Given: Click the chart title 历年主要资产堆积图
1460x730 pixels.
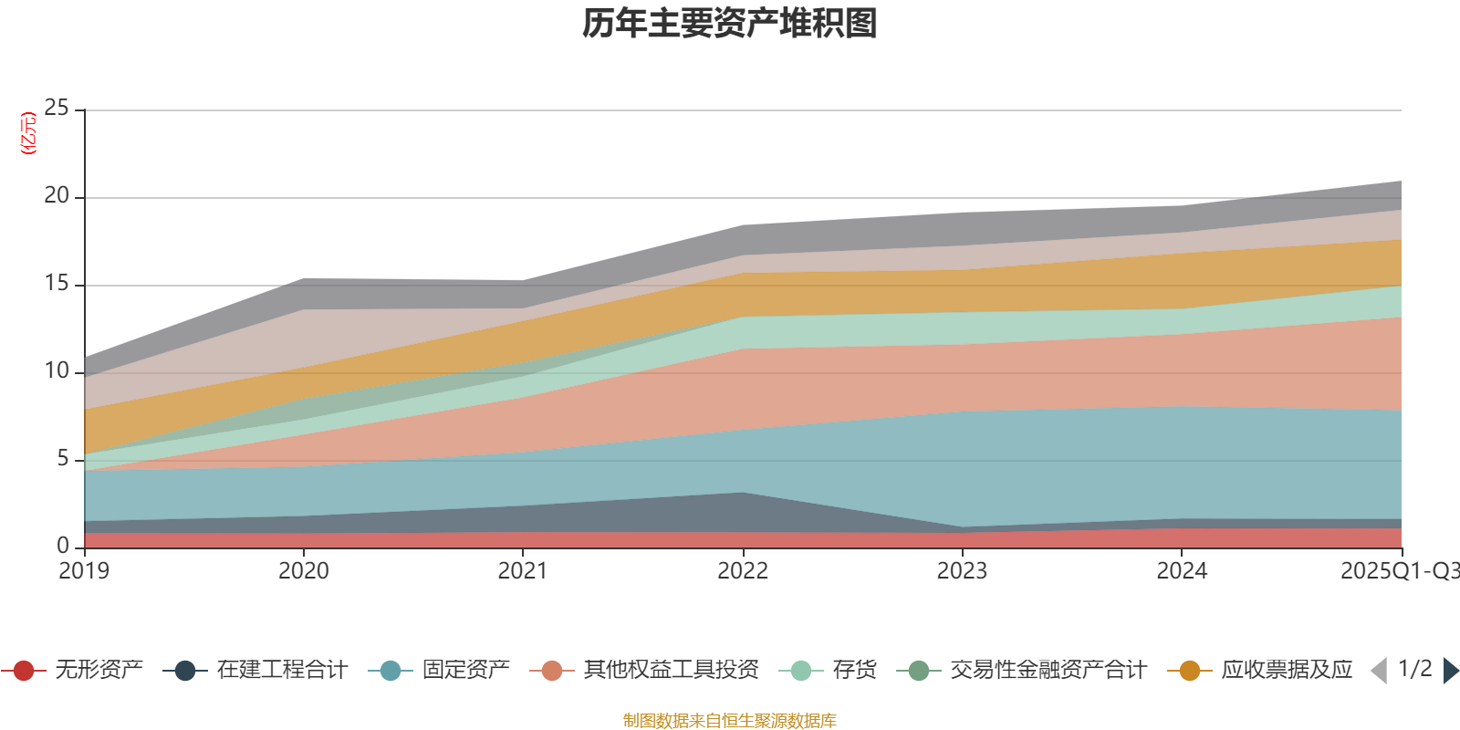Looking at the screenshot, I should point(730,24).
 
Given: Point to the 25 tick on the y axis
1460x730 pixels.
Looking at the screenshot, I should point(57,109).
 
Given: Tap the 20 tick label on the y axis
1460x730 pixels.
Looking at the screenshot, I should point(57,196).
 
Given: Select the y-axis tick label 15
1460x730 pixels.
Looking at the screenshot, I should point(57,284).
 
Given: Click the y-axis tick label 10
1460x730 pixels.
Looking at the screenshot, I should point(57,371).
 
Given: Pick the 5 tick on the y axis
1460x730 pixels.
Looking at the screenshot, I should point(63,459).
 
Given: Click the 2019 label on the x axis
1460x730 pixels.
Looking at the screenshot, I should point(84,571).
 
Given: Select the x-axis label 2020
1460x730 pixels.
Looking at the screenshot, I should point(304,571).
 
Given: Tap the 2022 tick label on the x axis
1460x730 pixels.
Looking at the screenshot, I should point(743,571).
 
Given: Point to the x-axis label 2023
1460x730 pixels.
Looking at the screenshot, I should point(962,571).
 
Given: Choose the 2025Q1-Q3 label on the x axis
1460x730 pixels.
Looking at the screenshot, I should point(1399,571).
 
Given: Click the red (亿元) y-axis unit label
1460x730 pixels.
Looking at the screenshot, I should point(28,133).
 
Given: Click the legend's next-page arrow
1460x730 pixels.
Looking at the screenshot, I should point(1451,671).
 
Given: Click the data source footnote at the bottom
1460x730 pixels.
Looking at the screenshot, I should point(730,721).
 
